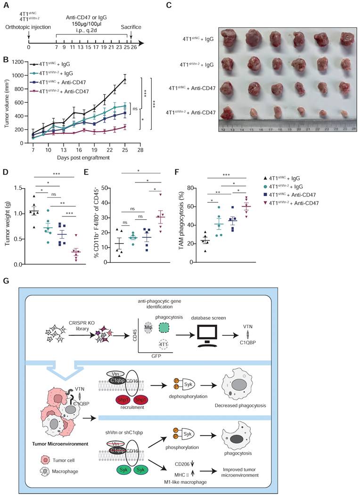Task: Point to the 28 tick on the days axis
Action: point(140,149)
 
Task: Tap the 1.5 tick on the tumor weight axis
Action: point(21,189)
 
